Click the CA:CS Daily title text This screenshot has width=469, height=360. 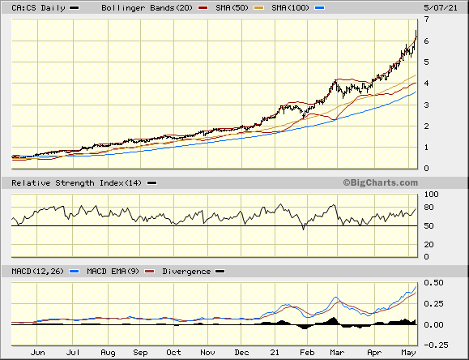pos(38,8)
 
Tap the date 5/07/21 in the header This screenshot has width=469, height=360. pos(441,8)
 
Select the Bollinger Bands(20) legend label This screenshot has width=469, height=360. pos(147,8)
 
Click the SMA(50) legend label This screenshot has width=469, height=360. pos(232,8)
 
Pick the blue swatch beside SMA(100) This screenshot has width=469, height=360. pos(319,8)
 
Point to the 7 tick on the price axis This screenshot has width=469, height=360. pos(426,19)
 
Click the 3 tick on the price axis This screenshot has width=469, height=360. pos(426,105)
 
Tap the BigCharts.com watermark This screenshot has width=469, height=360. pos(381,182)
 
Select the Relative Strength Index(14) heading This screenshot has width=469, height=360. pos(76,182)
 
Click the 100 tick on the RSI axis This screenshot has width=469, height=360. pos(431,195)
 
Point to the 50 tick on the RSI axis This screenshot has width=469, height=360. pos(428,226)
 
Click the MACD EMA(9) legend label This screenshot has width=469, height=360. pos(113,272)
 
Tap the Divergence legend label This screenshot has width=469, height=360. pos(186,272)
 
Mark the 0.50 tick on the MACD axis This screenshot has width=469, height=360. pos(433,282)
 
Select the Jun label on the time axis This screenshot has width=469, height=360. pos(38,353)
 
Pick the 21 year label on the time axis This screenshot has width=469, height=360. pos(275,353)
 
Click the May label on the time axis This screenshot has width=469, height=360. pos(408,353)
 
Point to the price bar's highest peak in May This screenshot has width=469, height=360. pos(416,31)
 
